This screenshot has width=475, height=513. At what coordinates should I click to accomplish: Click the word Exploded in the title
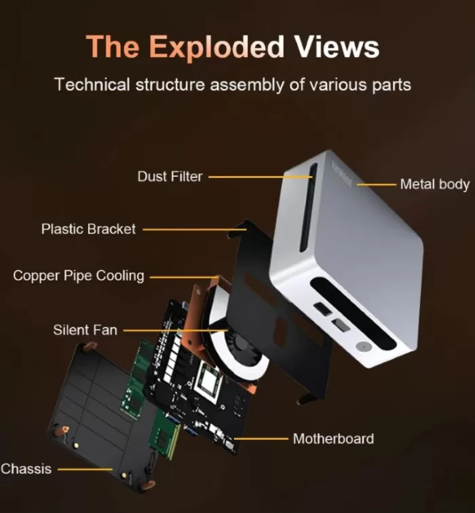click(216, 48)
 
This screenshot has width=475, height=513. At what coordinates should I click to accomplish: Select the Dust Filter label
click(170, 177)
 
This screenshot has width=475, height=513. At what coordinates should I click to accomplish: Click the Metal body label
click(434, 184)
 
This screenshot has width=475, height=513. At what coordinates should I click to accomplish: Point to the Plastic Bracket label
click(88, 229)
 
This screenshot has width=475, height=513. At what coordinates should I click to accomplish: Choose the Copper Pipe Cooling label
click(79, 276)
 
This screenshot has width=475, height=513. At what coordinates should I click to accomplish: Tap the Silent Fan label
click(85, 330)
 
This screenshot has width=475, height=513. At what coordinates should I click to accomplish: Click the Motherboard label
click(333, 439)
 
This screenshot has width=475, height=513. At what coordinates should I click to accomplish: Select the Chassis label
click(26, 469)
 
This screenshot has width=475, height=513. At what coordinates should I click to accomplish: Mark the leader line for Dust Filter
click(258, 177)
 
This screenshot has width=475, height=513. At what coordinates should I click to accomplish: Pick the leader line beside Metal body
click(377, 184)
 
